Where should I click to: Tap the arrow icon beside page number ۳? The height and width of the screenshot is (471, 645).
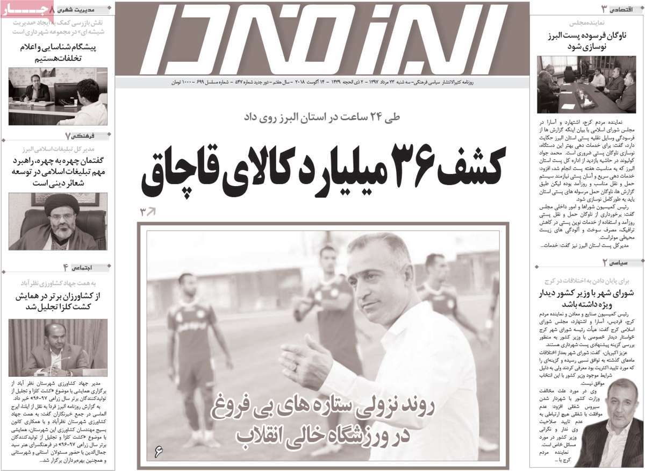click(x=152, y=211)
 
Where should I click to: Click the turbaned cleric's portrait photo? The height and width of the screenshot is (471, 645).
click(x=58, y=220)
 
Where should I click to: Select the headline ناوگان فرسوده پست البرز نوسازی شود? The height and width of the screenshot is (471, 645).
click(x=587, y=41)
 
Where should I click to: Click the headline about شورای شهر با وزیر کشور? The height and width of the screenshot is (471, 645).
click(x=587, y=298)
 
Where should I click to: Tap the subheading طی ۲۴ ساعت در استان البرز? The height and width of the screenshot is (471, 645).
click(x=322, y=116)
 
